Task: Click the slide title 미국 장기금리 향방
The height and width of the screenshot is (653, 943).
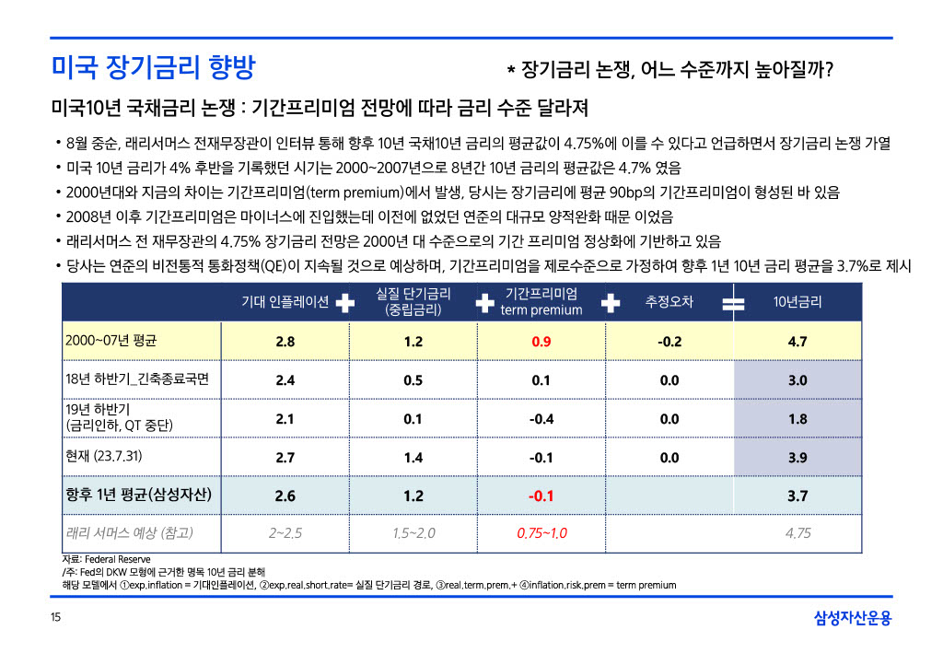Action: click(x=153, y=67)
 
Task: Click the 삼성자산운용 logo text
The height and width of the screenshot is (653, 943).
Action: click(x=853, y=618)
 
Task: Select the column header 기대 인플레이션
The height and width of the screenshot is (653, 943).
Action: click(x=285, y=302)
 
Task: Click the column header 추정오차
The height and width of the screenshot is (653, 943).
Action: click(x=669, y=302)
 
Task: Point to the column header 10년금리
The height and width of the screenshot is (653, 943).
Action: click(x=797, y=302)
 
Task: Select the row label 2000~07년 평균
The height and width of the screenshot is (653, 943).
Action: click(x=111, y=341)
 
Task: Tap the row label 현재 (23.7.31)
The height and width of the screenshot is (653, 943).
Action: click(x=104, y=456)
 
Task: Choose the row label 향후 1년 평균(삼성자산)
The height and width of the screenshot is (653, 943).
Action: click(x=139, y=495)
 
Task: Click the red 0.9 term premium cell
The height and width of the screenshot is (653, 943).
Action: click(x=541, y=342)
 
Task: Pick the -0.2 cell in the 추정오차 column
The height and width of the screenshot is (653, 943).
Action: click(x=669, y=342)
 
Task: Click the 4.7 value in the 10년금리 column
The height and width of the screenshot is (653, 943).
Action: click(x=797, y=342)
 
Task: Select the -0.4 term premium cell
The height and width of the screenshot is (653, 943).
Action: click(x=541, y=419)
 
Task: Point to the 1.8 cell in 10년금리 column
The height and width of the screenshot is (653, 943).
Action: click(x=797, y=419)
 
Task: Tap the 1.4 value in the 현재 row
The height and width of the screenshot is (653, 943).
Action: click(x=413, y=457)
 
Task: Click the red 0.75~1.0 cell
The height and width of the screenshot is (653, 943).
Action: click(x=541, y=533)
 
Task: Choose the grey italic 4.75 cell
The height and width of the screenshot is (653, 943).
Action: click(x=797, y=533)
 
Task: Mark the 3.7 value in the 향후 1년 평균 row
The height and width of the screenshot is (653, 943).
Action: click(x=797, y=496)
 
